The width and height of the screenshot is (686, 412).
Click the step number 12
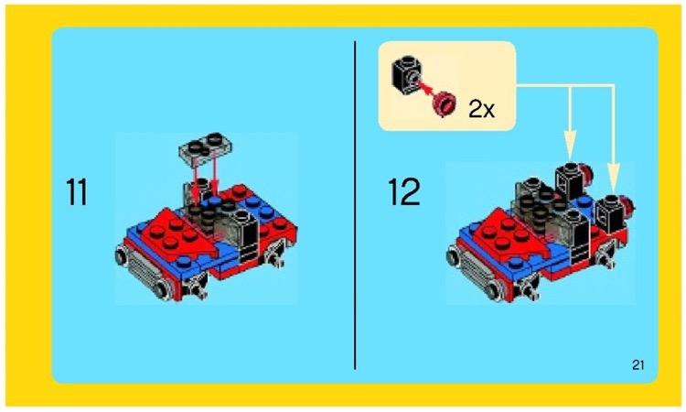coord(403,192)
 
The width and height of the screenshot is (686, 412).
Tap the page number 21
coord(638,366)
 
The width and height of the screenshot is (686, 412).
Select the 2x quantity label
coord(481,109)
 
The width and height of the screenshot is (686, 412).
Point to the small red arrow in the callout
coord(427,90)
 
